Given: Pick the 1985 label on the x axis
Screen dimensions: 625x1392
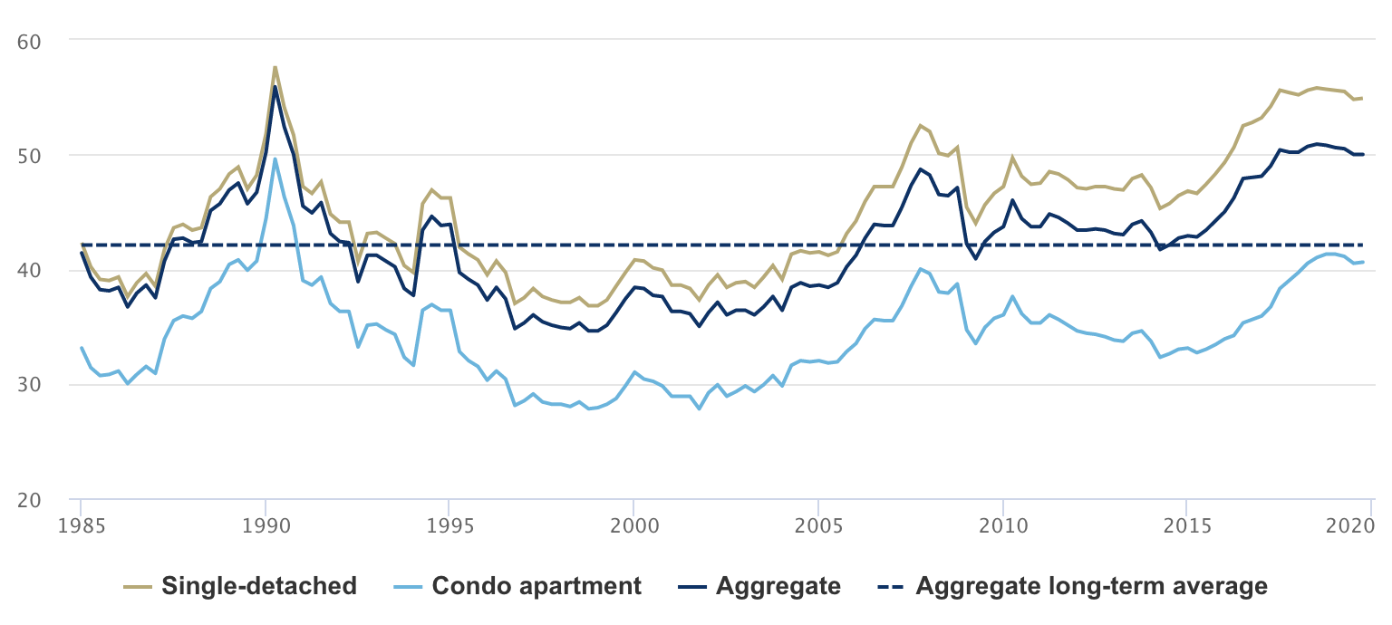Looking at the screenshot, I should tap(82, 525).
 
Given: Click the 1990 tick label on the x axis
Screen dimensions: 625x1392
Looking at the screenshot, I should tap(266, 525).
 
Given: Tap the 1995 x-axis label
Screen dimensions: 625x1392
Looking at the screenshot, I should tap(449, 525).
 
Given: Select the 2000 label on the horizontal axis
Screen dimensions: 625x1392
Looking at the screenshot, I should tap(633, 525).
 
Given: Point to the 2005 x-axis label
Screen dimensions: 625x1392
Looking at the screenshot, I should tap(818, 525).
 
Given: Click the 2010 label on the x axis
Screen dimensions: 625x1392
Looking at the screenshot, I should tap(1002, 525).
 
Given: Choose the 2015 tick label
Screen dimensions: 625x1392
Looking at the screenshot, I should tap(1186, 525).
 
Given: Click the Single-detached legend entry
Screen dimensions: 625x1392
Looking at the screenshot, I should tap(258, 586).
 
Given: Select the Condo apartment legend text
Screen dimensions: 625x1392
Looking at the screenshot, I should tap(536, 586).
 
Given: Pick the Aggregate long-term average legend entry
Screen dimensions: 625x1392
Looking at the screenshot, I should tap(1091, 586).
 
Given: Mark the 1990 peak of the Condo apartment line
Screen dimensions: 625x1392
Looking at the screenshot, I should tap(275, 159).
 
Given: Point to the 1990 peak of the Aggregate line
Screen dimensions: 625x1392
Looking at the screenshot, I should tap(275, 87).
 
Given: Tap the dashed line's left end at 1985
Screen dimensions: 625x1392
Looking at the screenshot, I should tap(82, 245).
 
